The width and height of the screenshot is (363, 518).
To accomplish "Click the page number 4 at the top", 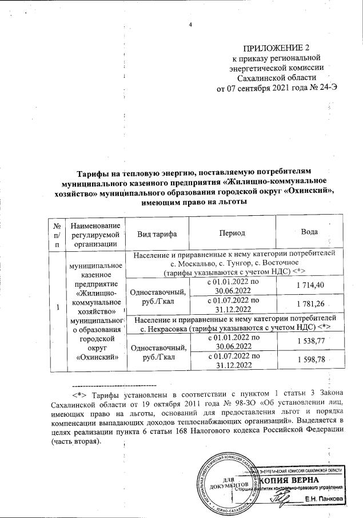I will [190, 24].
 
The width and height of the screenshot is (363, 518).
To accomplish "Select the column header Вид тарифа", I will [157, 234].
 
